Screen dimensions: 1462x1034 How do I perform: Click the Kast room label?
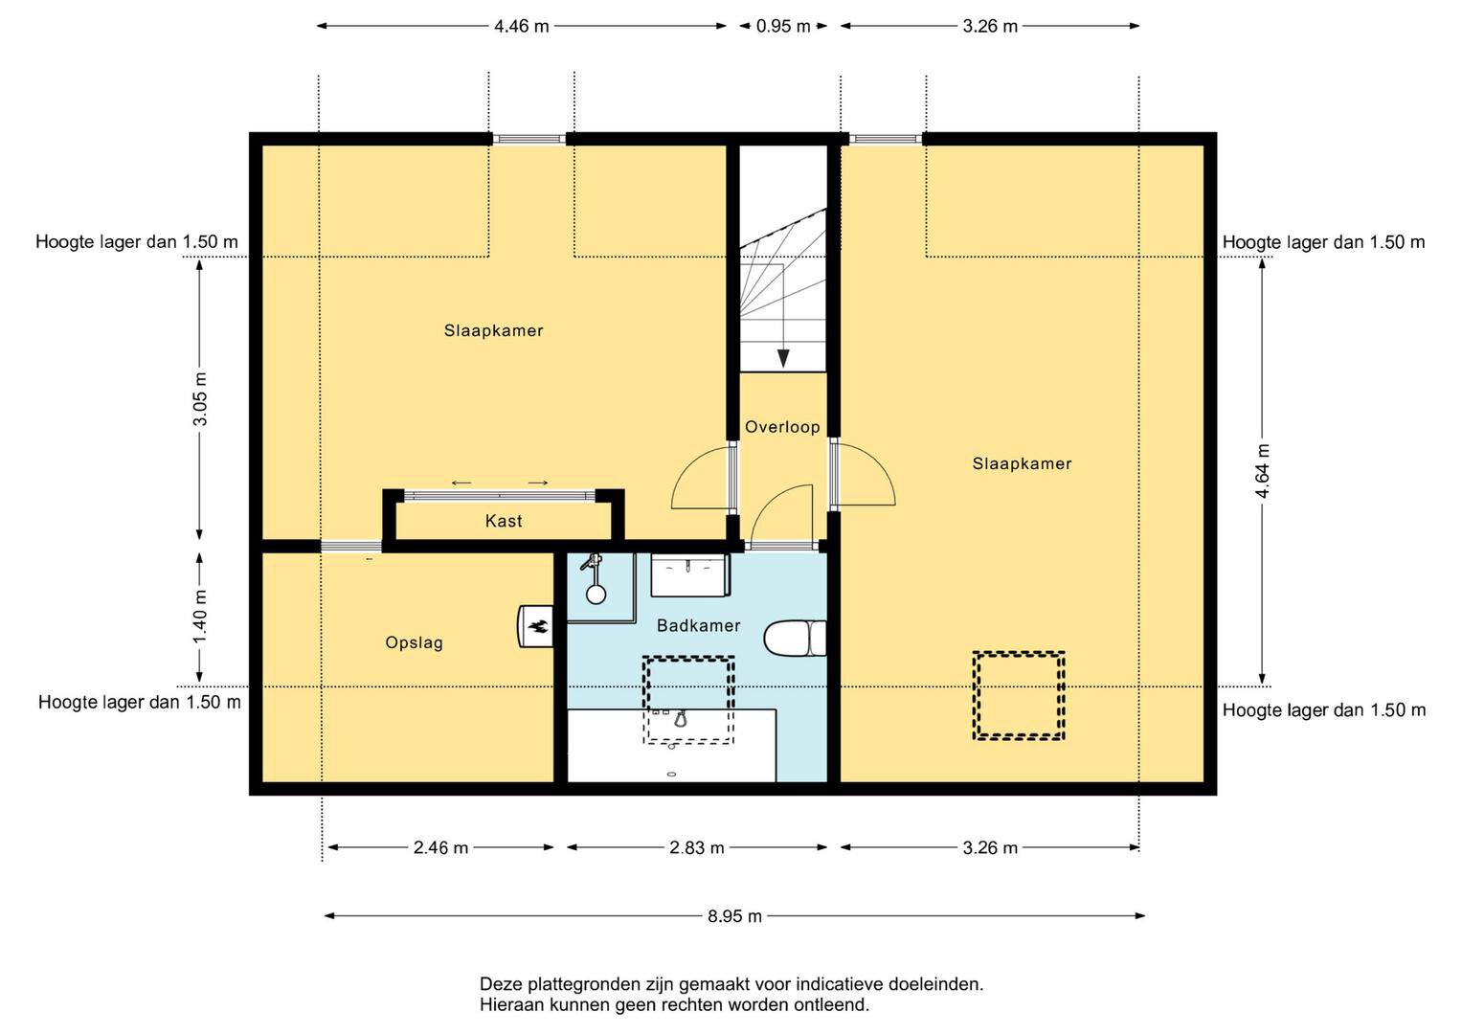coord(504,521)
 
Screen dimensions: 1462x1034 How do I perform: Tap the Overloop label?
coord(782,427)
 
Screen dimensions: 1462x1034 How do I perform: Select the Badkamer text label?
coord(698,625)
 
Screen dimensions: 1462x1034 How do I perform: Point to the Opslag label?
coord(414,643)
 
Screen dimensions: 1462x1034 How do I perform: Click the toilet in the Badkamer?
coord(795,638)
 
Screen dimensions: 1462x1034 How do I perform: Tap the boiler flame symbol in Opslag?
coord(538,627)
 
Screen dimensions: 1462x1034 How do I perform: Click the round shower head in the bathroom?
coord(596,594)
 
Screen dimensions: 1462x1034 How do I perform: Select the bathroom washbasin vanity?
coord(690,575)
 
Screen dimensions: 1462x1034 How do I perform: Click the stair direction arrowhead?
coord(783,358)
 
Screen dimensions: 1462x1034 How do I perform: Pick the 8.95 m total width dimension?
coord(735,916)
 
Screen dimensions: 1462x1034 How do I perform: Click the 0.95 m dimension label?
coord(783,26)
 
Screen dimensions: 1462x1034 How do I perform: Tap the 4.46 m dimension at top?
coord(522,26)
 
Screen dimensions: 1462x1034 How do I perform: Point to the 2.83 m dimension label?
coord(697,847)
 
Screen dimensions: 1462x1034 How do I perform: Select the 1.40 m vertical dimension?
coord(200,617)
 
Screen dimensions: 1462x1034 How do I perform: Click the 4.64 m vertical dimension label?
coord(1262,471)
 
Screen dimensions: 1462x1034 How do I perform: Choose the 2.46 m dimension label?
coord(441,847)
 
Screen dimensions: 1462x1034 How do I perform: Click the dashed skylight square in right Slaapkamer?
coord(1018,696)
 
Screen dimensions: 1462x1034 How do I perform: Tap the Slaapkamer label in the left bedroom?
coord(493,330)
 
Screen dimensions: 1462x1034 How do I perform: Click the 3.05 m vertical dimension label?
coord(200,399)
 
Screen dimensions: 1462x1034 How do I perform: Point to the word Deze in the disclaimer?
coord(502,984)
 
